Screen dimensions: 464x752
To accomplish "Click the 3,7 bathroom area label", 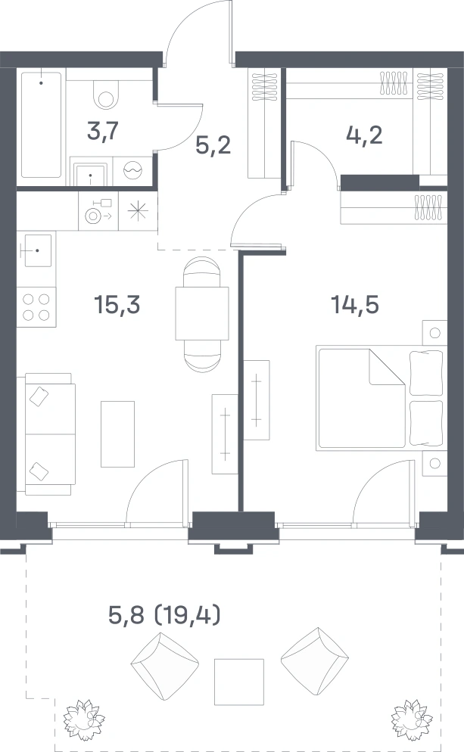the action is (x=103, y=131).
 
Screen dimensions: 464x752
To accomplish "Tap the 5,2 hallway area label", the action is (x=213, y=144).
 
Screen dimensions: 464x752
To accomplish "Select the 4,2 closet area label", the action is (x=364, y=135).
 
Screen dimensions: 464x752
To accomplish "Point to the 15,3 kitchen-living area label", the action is (x=117, y=305).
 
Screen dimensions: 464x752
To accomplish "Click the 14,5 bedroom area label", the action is (x=355, y=305).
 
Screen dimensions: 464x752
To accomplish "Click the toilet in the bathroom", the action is (x=105, y=94).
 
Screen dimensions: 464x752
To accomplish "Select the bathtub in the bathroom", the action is (x=42, y=125).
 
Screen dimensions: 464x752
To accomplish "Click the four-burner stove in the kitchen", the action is (x=36, y=307).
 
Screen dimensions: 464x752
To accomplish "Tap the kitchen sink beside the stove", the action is (x=36, y=251).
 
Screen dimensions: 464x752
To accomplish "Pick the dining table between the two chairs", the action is (x=202, y=313).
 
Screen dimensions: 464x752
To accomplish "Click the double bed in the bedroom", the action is (x=379, y=399).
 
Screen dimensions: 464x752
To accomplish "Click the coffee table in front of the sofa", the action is (x=117, y=434).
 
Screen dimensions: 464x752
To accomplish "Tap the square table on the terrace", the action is (x=239, y=682).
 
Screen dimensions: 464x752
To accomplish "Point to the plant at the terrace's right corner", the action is (x=409, y=719).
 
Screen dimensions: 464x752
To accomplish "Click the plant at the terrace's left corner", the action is (x=85, y=719).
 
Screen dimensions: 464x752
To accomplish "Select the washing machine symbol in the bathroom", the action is (x=133, y=170).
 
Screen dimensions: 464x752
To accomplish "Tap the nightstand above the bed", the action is (x=434, y=333).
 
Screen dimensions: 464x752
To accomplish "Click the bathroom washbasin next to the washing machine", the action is (x=91, y=175).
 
